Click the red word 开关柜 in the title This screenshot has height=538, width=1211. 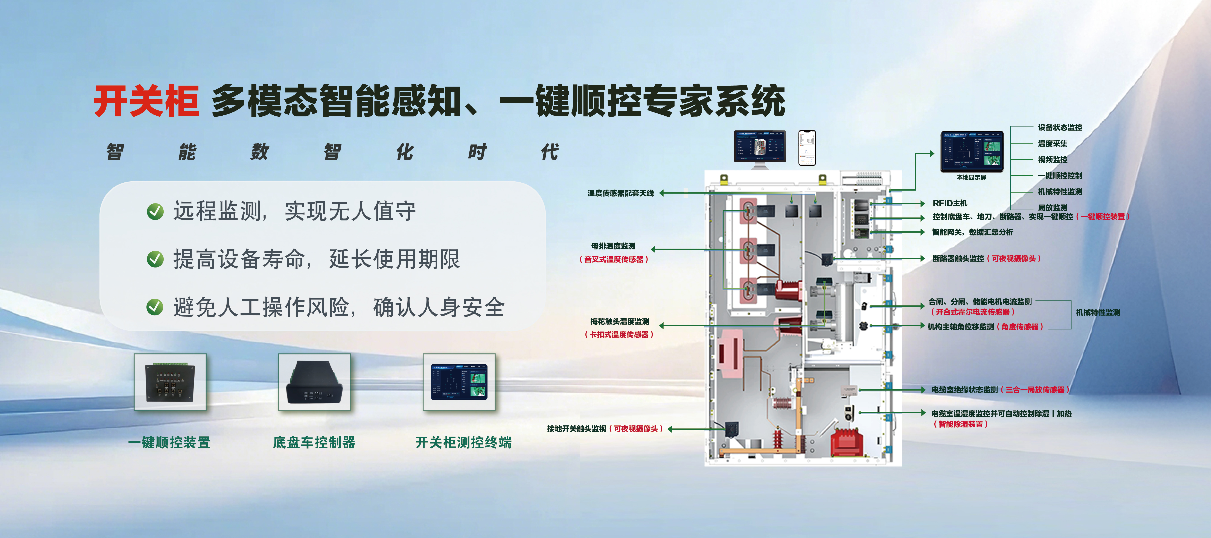tap(146, 102)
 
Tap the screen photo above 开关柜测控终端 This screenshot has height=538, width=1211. tap(459, 382)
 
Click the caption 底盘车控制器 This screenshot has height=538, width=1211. tap(314, 443)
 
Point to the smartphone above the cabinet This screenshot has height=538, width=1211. tap(807, 148)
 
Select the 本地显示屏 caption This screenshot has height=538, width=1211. tap(971, 177)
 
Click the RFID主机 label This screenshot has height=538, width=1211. tap(950, 203)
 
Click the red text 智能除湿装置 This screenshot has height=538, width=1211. tap(960, 424)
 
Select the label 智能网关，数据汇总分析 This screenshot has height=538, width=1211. tap(972, 232)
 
